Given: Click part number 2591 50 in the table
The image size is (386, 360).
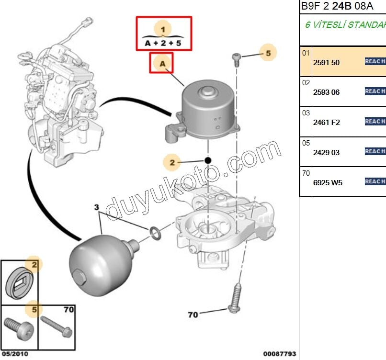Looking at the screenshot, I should (326, 62).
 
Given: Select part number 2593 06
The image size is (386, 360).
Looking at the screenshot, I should (326, 92).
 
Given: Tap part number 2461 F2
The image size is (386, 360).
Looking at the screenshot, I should (326, 123).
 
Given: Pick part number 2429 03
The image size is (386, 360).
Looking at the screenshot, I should (326, 153).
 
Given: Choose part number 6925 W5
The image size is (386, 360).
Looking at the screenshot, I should (328, 182).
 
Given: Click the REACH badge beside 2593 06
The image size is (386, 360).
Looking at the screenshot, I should (375, 91).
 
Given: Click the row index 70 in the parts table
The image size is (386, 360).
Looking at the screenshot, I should (306, 173).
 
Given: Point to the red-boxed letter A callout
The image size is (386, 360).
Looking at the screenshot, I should (161, 63).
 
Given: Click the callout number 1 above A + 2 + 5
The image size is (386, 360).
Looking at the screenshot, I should (163, 29).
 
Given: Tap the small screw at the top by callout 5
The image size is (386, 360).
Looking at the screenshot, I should (236, 59).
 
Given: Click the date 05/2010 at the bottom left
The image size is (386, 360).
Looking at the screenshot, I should (16, 354).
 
